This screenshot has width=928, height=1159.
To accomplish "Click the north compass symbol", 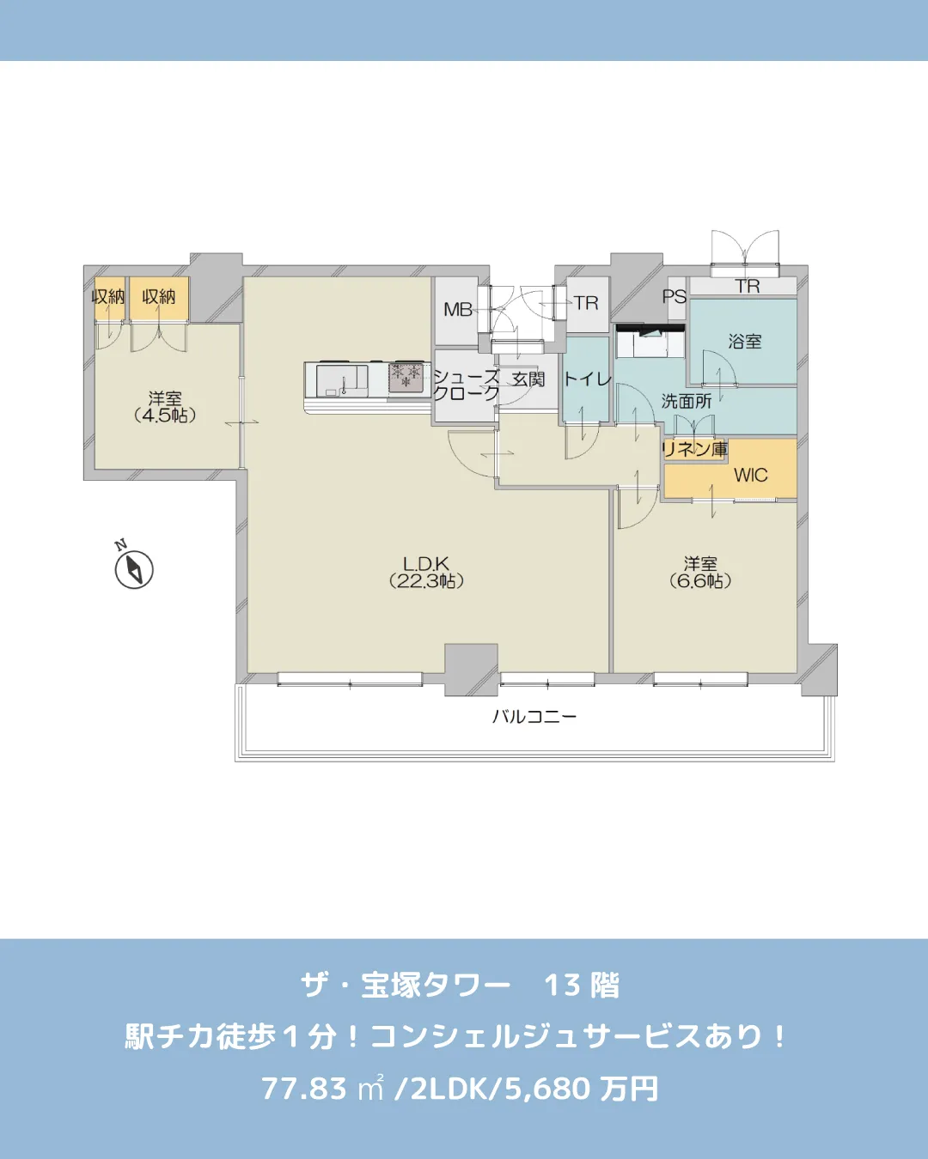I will [x=134, y=570].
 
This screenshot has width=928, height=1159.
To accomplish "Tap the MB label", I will [x=458, y=310].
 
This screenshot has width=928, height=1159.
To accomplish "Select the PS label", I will [x=675, y=296].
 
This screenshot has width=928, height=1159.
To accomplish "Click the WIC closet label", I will [x=750, y=476].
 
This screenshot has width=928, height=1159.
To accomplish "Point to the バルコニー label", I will [x=534, y=717].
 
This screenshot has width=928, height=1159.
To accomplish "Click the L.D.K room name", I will [x=426, y=564].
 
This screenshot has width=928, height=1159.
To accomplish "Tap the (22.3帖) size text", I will [x=426, y=582].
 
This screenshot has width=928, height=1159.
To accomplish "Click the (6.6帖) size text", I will [x=700, y=582].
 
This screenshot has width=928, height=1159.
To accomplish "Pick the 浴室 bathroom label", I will [x=744, y=342].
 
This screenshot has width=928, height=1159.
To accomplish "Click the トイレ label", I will [x=587, y=379].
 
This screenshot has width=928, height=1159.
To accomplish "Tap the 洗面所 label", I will [x=686, y=401].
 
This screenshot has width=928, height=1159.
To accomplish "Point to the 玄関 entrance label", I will [x=528, y=379].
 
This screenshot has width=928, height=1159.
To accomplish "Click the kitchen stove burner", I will [x=406, y=376].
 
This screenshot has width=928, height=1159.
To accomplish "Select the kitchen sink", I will [x=341, y=379].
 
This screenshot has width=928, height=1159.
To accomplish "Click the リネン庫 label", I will [x=694, y=449].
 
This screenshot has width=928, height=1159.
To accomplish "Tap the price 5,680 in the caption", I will [x=547, y=1089].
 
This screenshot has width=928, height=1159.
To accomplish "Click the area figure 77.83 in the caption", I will [x=303, y=1089].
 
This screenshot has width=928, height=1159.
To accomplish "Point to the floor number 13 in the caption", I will [x=562, y=986].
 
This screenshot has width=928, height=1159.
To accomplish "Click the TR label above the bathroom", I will [x=748, y=287].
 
